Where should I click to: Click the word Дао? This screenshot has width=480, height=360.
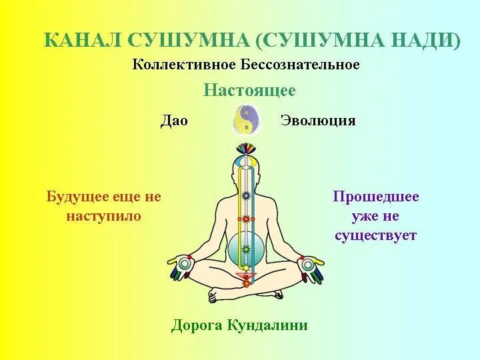click(174, 121)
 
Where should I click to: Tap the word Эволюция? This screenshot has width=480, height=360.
click(318, 121)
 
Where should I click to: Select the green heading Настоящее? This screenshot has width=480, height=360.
click(249, 90)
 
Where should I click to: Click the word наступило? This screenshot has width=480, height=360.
click(104, 216)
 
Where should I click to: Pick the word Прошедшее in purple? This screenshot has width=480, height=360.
click(376, 197)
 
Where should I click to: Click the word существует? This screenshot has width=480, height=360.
click(376, 235)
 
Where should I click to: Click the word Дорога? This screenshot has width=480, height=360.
click(197, 325)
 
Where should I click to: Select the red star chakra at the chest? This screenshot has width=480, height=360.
click(246, 218)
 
